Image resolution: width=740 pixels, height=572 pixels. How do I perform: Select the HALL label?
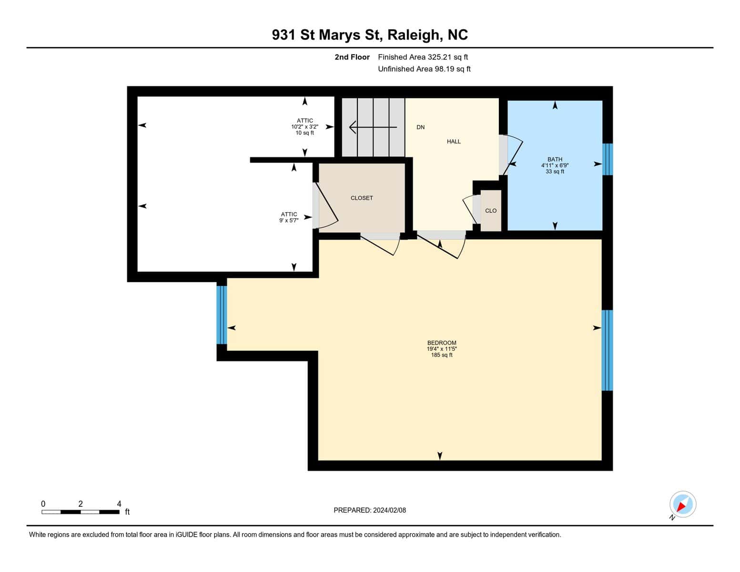(454, 142)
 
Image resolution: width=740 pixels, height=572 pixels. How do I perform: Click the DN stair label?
(421, 127)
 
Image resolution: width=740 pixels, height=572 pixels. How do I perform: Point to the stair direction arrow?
(373, 127)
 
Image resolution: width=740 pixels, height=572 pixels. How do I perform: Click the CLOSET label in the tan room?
(362, 198)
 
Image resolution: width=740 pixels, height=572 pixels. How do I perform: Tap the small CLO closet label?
(491, 211)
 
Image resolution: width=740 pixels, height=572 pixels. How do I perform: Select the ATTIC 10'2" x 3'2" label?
(304, 126)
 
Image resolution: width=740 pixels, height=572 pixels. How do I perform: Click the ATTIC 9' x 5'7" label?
(289, 217)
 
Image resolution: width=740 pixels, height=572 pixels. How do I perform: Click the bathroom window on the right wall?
(608, 159)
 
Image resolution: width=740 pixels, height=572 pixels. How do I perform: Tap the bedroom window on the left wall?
(222, 315)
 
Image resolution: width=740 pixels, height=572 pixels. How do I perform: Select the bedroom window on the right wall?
(608, 350)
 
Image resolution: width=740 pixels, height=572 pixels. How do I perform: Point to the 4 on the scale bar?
(119, 503)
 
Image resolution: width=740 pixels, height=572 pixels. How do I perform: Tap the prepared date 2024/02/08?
(389, 510)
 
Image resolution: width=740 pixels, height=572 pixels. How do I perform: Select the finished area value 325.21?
(437, 57)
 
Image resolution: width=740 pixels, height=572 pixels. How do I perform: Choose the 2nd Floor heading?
(352, 57)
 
